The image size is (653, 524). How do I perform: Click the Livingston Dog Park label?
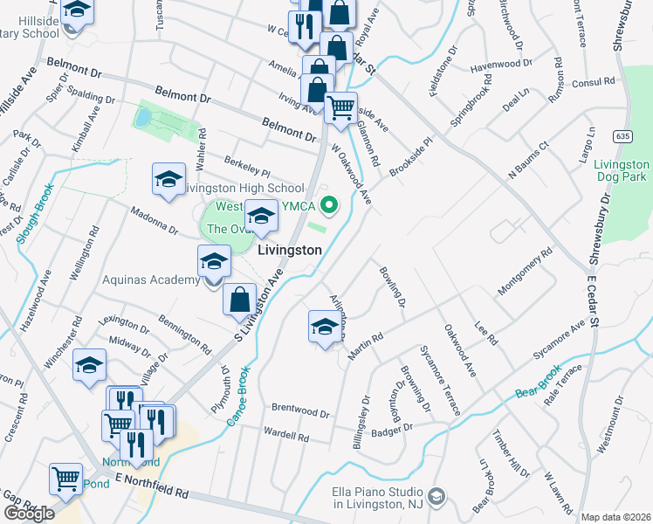pyautogui.click(x=622, y=170)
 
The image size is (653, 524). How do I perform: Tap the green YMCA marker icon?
pyautogui.click(x=329, y=207)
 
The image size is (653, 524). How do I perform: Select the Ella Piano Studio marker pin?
pyautogui.click(x=437, y=497)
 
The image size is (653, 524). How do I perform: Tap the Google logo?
pyautogui.click(x=29, y=514)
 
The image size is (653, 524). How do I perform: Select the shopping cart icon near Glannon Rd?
pyautogui.click(x=340, y=108)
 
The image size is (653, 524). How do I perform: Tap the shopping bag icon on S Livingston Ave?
pyautogui.click(x=239, y=300)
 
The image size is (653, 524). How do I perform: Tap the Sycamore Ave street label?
pyautogui.click(x=559, y=341)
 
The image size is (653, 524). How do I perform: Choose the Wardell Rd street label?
pyautogui.click(x=286, y=434)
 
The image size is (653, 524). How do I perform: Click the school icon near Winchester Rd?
pyautogui.click(x=89, y=367)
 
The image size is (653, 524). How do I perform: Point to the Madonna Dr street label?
pyautogui.click(x=155, y=221)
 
